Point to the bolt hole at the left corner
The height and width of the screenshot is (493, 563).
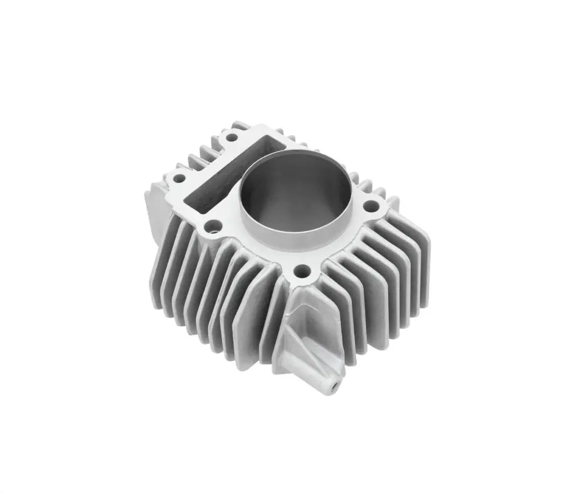coord(179,179)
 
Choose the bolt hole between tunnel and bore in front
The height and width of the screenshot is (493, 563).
coord(213,227)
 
